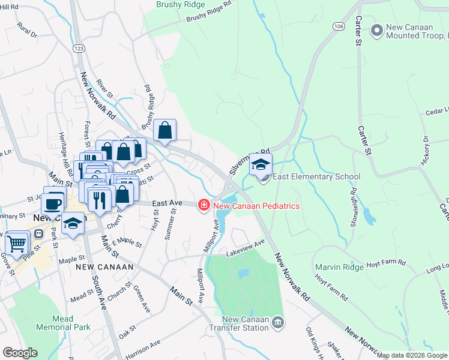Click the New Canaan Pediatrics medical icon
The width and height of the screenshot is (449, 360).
[204, 206]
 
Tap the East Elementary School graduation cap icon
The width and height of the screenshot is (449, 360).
[261, 165]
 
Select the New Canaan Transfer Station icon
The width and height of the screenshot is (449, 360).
[277, 323]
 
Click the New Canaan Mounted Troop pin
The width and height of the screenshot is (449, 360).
[377, 30]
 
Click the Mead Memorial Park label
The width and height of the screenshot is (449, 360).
[63, 323]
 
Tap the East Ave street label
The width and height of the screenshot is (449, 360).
[167, 204]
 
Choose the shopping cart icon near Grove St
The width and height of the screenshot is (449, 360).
[17, 243]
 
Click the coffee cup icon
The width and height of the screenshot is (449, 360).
[54, 202]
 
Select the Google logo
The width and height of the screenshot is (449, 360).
[20, 353]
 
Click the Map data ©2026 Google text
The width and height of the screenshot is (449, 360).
[412, 356]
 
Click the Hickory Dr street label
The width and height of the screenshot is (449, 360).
[426, 150]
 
